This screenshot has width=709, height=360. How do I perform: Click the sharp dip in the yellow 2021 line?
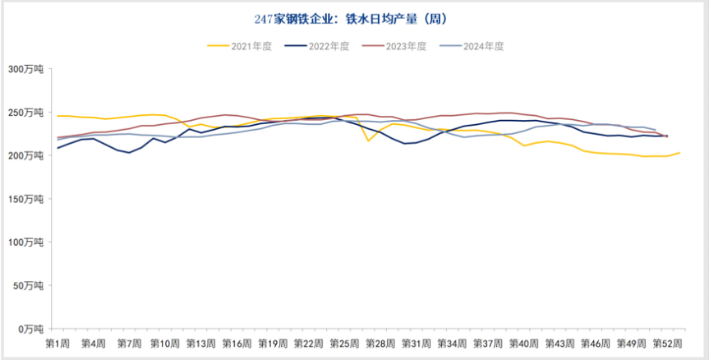[x=368, y=141]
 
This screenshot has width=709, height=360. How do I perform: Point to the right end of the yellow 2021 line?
[x=679, y=153]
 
